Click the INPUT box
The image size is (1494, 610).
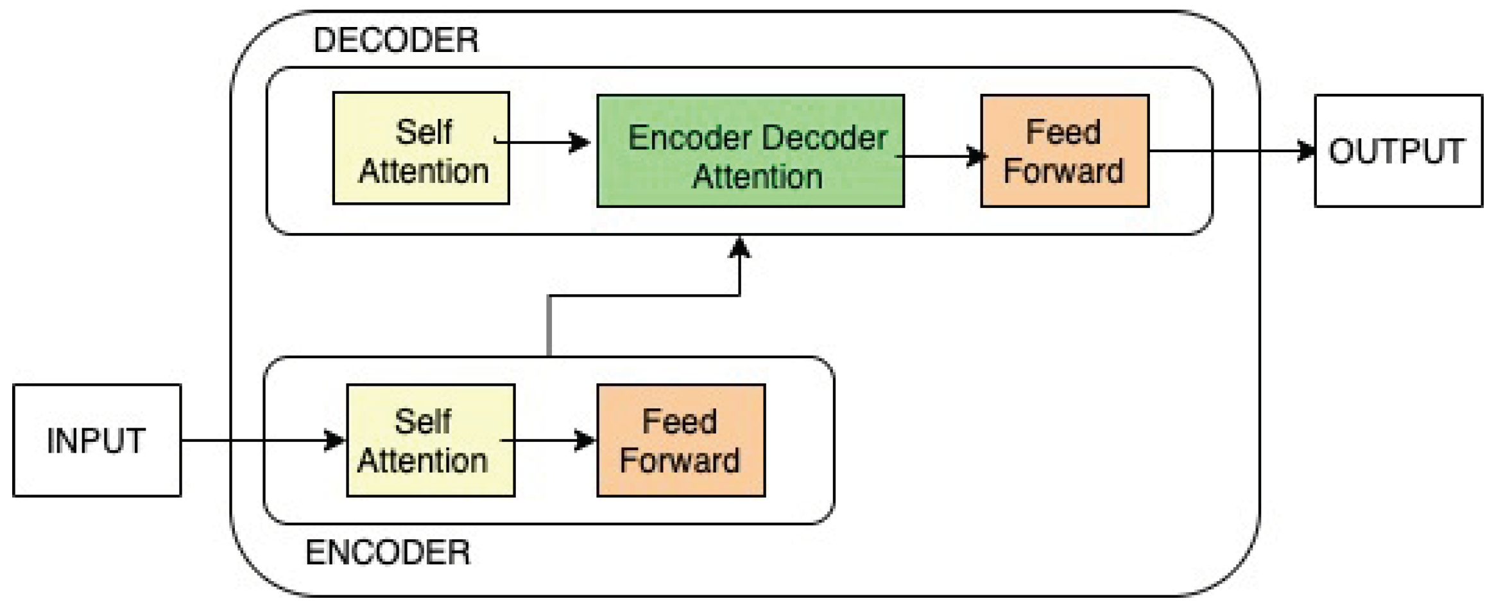pos(96,440)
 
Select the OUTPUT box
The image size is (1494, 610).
pos(1398,151)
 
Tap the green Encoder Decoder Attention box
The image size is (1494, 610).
pos(750,151)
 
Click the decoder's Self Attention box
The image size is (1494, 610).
pos(421,148)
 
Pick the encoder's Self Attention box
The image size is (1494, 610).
pos(430,440)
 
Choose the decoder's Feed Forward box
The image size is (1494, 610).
pos(1064,151)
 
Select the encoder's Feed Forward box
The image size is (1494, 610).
pos(680,440)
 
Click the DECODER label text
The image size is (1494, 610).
pos(395,40)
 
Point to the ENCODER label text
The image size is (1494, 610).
pos(388,553)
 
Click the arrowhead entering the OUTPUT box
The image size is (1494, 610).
pos(1305,151)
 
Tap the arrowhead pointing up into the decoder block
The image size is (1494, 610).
pos(740,247)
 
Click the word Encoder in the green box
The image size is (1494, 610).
pos(689,138)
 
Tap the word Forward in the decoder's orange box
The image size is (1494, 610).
pos(1063,171)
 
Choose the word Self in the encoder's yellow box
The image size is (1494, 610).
pos(422,422)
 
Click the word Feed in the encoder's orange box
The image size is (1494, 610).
pos(679,422)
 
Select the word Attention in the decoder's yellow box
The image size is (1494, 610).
pos(424,171)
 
